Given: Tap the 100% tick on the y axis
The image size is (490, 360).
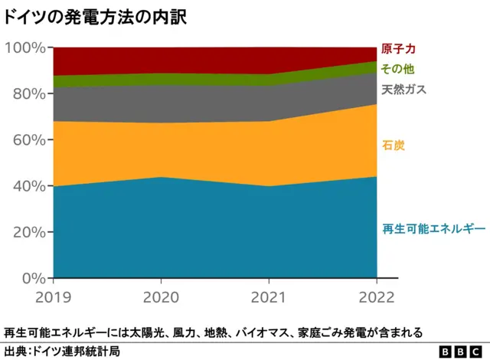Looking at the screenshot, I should tap(24, 47).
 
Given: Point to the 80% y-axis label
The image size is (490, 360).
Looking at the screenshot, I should tap(28, 93).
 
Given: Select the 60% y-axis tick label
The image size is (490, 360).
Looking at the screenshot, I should tap(28, 139).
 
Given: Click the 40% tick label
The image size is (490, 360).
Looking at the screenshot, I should tap(28, 185).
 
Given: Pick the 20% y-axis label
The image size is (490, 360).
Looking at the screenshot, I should tap(28, 232).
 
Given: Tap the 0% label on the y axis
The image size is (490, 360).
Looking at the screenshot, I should tap(31, 278).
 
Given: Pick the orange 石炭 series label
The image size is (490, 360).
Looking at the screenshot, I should tap(393, 145).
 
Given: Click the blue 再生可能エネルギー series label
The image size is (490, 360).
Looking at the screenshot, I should tap(433, 229).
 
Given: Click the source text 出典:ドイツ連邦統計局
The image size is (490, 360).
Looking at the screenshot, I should tap(62, 351).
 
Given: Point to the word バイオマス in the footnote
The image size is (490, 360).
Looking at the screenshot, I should tap(255, 332).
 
